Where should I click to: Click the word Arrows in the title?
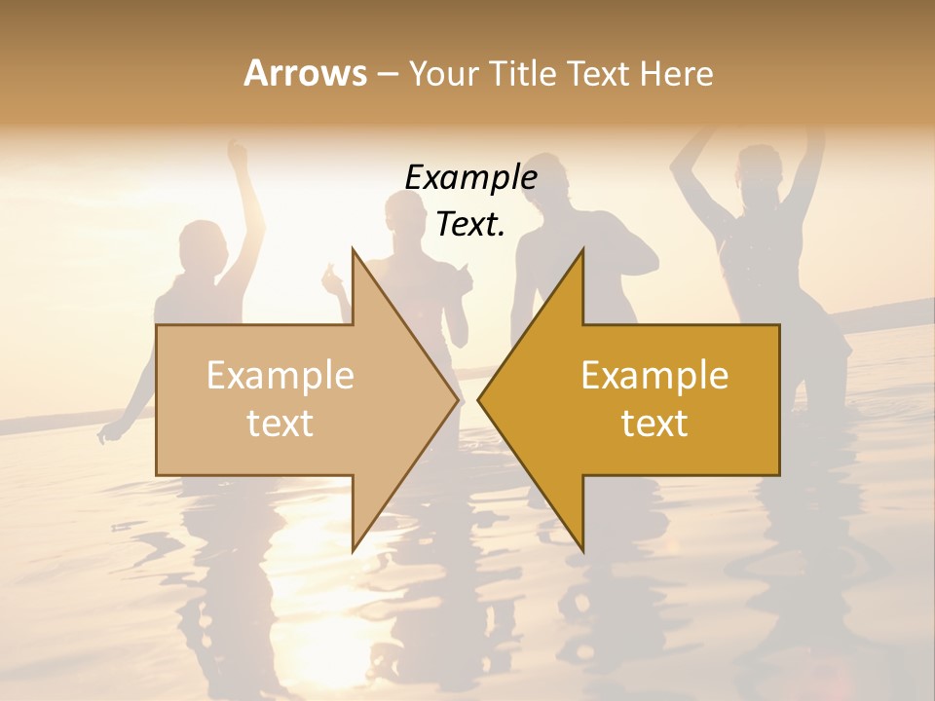coord(305,73)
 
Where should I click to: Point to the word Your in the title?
coord(443,74)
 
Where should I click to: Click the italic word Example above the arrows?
coord(470,178)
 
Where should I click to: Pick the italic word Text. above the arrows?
coord(470,225)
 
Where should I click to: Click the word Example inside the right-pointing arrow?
coord(280,375)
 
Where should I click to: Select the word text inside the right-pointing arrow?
coord(280,423)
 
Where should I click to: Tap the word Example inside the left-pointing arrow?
coord(654,375)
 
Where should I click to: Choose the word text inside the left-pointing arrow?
coord(654,423)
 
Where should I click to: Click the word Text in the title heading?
coord(600,73)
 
